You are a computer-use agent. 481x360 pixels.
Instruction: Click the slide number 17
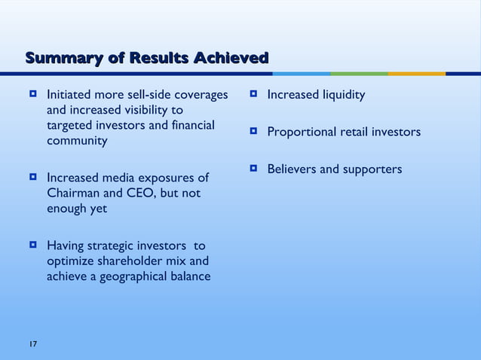[32, 344]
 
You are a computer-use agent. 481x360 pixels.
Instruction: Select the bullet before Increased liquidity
[254, 95]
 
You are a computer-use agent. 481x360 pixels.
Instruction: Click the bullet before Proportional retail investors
[254, 132]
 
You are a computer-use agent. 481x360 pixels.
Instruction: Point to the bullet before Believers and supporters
[254, 169]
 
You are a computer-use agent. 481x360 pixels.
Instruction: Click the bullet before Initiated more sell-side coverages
[33, 96]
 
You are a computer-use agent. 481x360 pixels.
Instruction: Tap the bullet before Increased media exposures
[33, 178]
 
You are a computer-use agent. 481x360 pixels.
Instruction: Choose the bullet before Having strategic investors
[33, 246]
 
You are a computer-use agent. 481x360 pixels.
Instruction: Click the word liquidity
[343, 96]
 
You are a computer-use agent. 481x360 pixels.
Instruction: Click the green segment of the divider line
[359, 74]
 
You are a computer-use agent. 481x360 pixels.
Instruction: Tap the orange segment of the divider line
[416, 74]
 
